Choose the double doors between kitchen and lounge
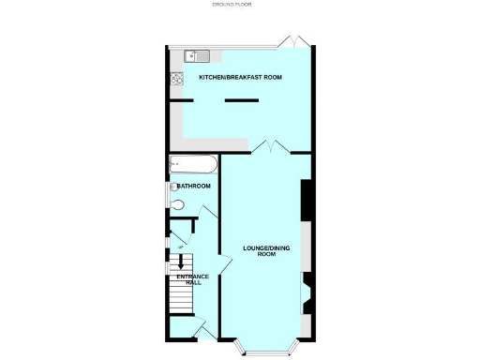coord(270,146)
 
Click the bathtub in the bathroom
coord(193,166)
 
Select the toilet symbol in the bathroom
coord(180,202)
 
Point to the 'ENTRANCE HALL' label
coord(187,279)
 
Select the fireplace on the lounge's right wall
coord(306,292)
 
